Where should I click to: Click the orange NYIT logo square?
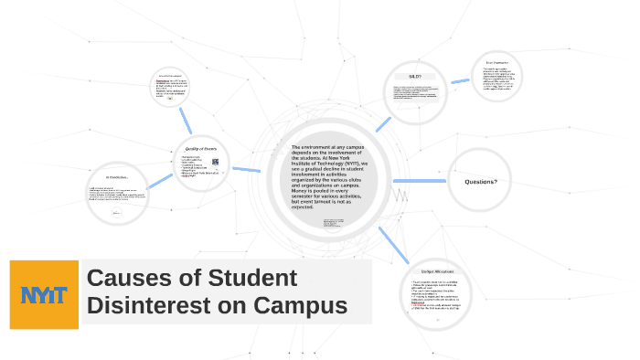tap(44, 293)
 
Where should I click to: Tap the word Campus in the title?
tap(296, 306)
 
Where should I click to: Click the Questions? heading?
tap(480, 182)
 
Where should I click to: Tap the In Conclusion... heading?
tap(117, 176)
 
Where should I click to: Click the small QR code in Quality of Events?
tap(215, 163)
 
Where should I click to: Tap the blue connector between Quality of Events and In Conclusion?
tap(159, 181)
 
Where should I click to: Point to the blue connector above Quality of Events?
tap(187, 119)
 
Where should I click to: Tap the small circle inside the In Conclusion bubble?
tap(116, 212)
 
